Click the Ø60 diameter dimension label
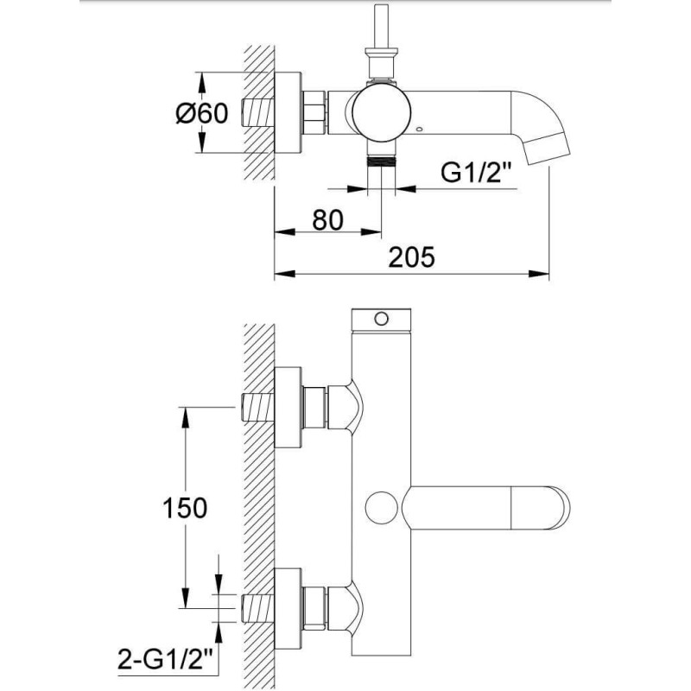[x=202, y=113]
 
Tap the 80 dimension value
[x=327, y=219]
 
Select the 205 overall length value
[x=411, y=257]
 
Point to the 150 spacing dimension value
[x=185, y=507]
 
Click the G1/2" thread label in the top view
[x=478, y=174]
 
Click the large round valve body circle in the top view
[x=382, y=112]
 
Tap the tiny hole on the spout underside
[x=419, y=130]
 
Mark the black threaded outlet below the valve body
[x=382, y=162]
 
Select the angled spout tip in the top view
[x=549, y=149]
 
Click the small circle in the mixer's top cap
[x=382, y=318]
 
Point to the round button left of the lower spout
[x=382, y=508]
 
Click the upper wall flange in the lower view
[x=288, y=407]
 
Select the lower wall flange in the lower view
[x=288, y=609]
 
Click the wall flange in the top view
[x=288, y=113]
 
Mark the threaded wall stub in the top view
[x=257, y=112]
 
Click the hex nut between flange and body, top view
[x=314, y=112]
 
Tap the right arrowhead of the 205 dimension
[x=539, y=274]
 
